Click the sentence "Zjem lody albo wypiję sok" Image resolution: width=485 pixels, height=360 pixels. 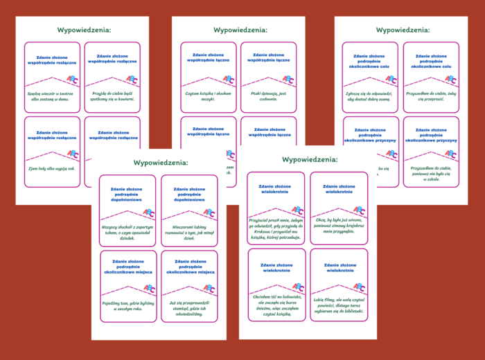pyautogui.click(x=51, y=169)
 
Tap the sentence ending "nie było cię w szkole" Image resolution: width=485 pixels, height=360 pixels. pyautogui.click(x=431, y=172)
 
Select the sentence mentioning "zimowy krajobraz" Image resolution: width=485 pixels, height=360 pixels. pyautogui.click(x=339, y=226)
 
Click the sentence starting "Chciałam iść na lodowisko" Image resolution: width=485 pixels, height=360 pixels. pyautogui.click(x=276, y=303)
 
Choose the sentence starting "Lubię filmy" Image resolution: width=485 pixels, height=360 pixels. pyautogui.click(x=339, y=303)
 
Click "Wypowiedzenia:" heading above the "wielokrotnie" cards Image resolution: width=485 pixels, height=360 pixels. pyautogui.click(x=309, y=159)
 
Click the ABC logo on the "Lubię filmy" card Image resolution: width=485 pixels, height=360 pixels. pyautogui.click(x=358, y=287)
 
